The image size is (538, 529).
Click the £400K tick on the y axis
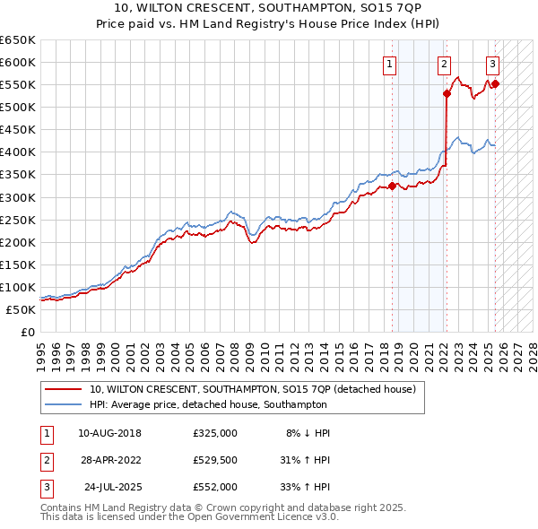point(18,152)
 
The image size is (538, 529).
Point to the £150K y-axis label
point(18,264)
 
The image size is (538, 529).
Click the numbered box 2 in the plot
point(444,63)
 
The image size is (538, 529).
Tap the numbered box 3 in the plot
point(493,63)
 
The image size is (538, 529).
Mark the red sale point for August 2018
point(392,186)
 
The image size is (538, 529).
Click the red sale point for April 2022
point(447,93)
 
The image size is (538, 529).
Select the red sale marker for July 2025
point(496,83)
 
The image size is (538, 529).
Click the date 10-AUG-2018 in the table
point(109,433)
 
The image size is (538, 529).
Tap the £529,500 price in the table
point(215,460)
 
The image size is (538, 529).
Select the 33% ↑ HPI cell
point(305,487)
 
